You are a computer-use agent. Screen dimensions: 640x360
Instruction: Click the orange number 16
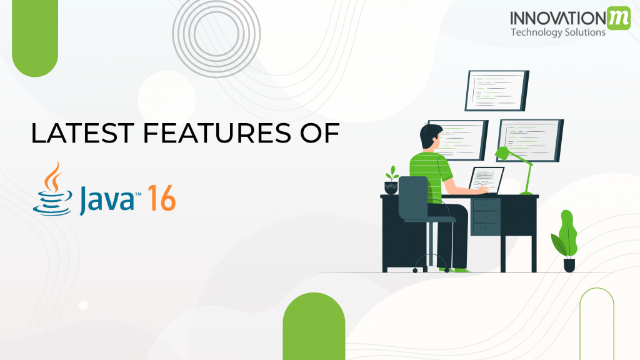tap(162, 198)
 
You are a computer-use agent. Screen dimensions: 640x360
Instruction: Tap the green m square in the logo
tap(618, 18)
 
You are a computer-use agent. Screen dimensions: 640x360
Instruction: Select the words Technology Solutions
tap(558, 32)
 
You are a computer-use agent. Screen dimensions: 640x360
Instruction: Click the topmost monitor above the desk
tap(497, 91)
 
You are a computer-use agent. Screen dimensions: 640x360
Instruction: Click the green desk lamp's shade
tap(502, 154)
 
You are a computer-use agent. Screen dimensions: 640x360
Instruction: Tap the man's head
tap(431, 136)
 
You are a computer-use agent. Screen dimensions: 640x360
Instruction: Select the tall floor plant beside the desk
tap(566, 241)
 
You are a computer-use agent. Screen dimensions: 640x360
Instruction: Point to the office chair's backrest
tap(413, 197)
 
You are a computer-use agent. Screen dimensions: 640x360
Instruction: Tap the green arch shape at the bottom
tap(314, 326)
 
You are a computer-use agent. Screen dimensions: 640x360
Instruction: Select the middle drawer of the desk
tap(485, 217)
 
